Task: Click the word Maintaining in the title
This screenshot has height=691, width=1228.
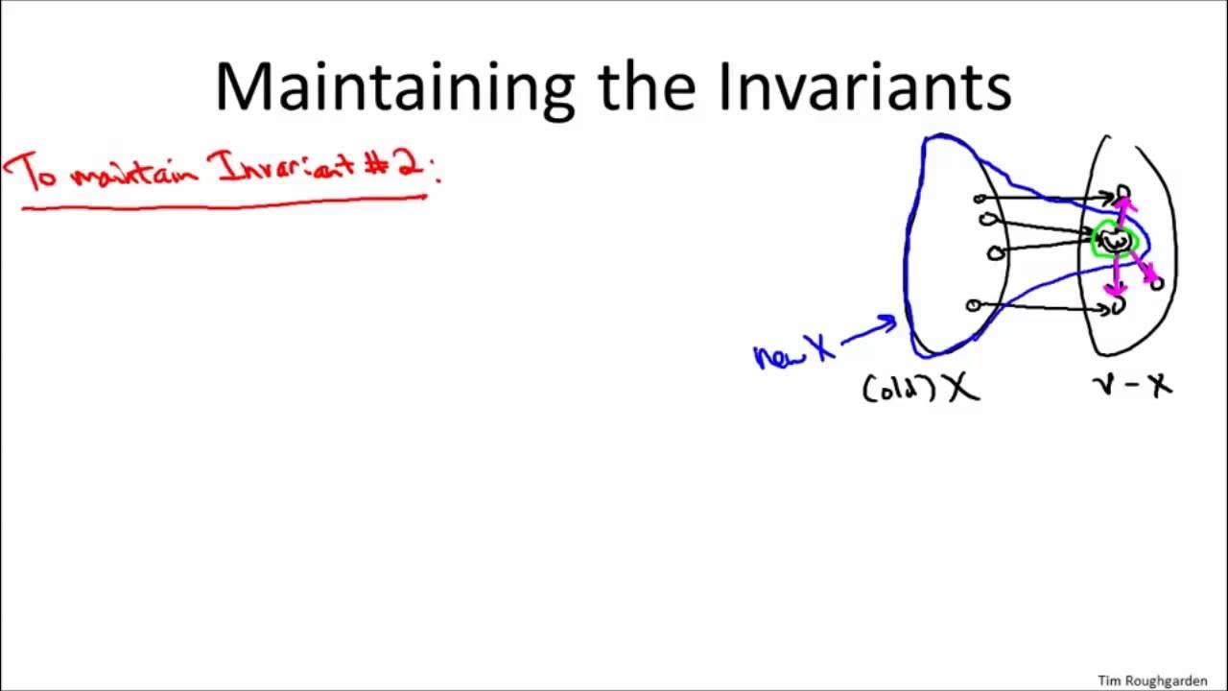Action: point(393,86)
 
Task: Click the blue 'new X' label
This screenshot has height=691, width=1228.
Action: point(794,352)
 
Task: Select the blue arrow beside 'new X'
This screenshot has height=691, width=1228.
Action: point(869,329)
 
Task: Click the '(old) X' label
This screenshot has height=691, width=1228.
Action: point(921,387)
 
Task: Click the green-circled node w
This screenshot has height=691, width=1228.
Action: point(1114,240)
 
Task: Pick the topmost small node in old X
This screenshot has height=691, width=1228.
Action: point(980,199)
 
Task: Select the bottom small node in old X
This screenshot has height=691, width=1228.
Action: point(973,305)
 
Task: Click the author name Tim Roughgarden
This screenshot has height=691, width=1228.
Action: point(1152,680)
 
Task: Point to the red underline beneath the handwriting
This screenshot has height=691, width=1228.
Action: point(225,203)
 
